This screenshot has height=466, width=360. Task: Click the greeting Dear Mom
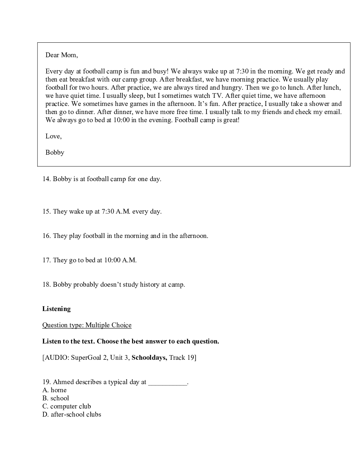(61, 55)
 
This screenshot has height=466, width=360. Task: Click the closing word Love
(53, 136)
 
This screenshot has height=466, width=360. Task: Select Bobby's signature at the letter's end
(55, 153)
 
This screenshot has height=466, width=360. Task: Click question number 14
(47, 179)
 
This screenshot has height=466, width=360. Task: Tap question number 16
(47, 236)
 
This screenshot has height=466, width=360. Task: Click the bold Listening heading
(56, 309)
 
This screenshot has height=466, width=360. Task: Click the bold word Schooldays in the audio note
(149, 358)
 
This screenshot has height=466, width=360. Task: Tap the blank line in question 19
(168, 382)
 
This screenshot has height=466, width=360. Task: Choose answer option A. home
(55, 390)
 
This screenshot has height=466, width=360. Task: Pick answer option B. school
(56, 398)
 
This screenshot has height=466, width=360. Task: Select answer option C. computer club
(67, 406)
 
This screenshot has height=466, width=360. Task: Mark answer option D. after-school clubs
(72, 414)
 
